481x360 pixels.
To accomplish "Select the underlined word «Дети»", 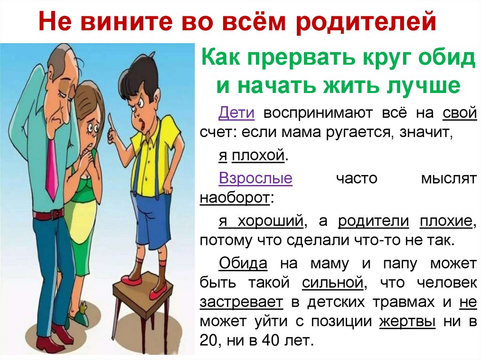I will pyautogui.click(x=237, y=113).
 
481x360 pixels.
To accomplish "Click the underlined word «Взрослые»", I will pyautogui.click(x=256, y=178).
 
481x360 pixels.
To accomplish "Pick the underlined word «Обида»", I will pyautogui.click(x=243, y=263).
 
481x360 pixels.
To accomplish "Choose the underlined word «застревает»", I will pyautogui.click(x=241, y=302).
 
